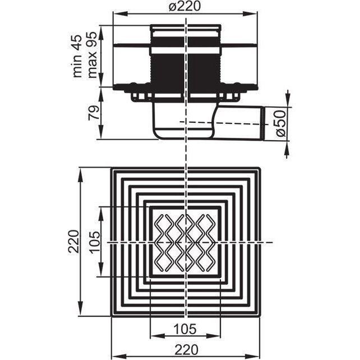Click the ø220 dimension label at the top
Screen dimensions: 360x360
coord(185,6)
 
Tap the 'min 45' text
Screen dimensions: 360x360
coord(77,56)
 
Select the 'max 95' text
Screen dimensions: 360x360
coord(93,55)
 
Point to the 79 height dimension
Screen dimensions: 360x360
coord(94,113)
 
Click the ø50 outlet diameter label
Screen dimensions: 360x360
coord(281,123)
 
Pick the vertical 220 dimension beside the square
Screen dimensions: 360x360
coord(75,241)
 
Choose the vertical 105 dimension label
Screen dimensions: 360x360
coord(95,242)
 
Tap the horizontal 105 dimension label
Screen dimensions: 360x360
coord(185,329)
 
